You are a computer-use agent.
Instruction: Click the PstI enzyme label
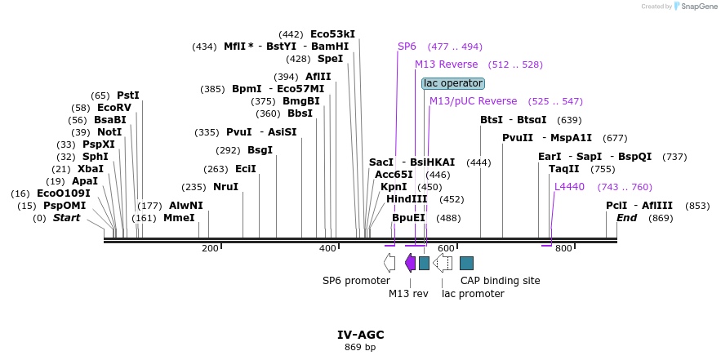tap(128, 96)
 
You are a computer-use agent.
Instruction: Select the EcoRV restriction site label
tap(113, 108)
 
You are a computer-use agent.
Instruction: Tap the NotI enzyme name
tap(109, 132)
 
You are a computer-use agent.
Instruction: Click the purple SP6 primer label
tap(407, 47)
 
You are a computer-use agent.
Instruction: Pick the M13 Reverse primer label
tap(446, 64)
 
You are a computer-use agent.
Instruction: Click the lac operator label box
tap(453, 83)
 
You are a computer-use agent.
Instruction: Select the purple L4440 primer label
tap(569, 187)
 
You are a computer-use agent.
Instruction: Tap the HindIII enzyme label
tap(407, 199)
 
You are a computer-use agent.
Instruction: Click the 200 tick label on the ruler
tap(210, 248)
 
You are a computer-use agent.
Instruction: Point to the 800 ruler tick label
tap(563, 248)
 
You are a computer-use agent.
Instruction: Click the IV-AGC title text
tap(360, 335)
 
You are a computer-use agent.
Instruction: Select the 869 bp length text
tap(360, 348)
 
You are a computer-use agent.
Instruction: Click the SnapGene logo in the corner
tap(694, 7)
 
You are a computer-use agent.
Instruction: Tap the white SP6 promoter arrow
tap(389, 262)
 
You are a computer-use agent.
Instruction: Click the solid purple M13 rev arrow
tap(410, 262)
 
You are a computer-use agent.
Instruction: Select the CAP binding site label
tap(500, 281)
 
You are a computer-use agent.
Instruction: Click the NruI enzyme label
tap(225, 187)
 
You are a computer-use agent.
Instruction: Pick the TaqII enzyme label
tap(564, 169)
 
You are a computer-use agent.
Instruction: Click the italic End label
tap(626, 218)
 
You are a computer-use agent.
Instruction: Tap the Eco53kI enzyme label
tap(332, 34)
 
